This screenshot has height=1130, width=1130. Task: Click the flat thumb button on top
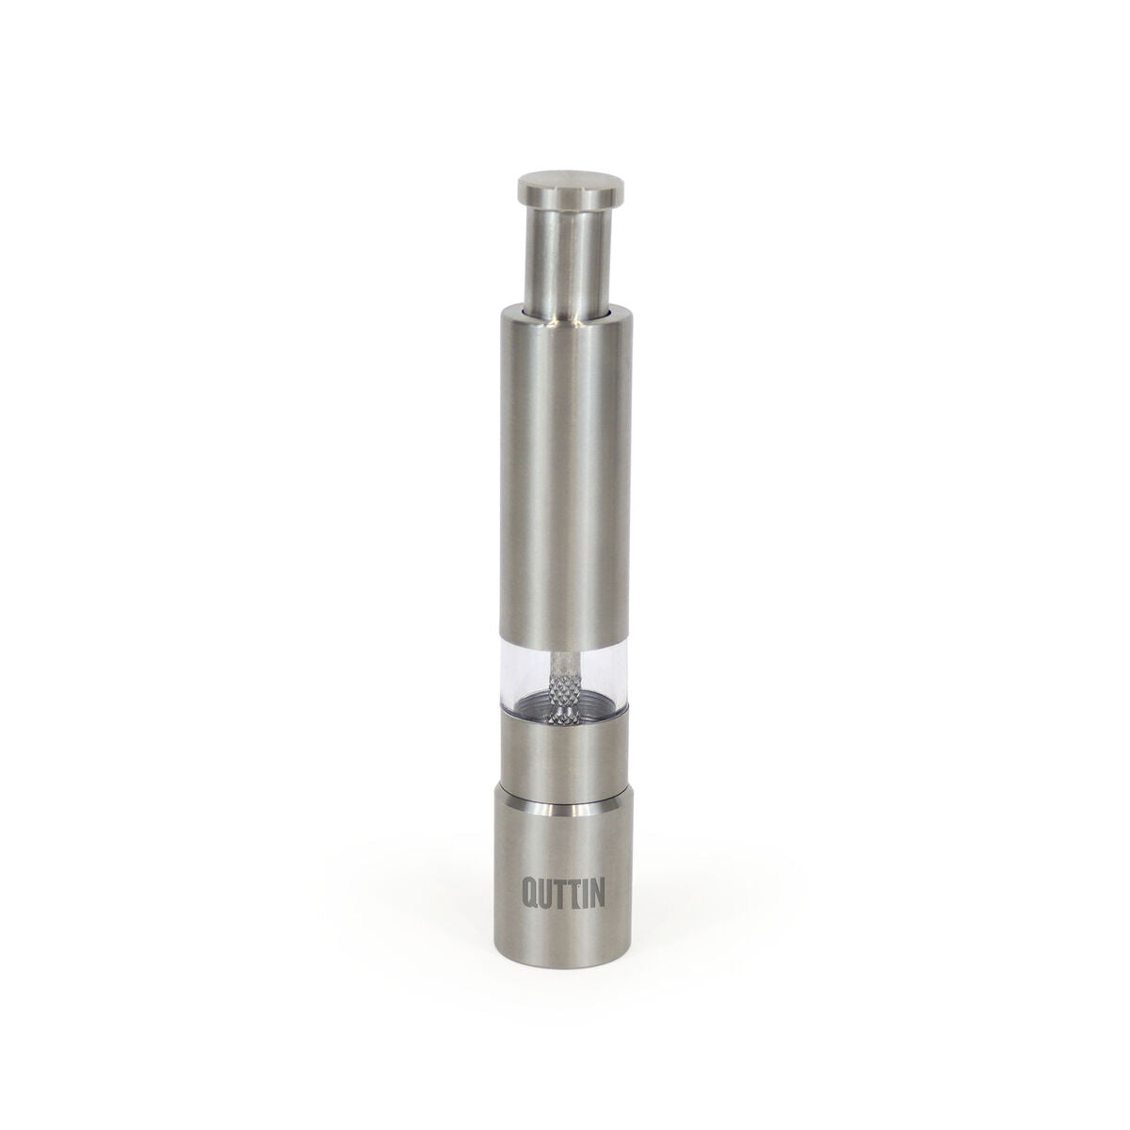click(569, 185)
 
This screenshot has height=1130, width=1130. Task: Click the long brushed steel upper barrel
click(565, 475)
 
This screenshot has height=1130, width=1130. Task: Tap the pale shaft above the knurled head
click(563, 660)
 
